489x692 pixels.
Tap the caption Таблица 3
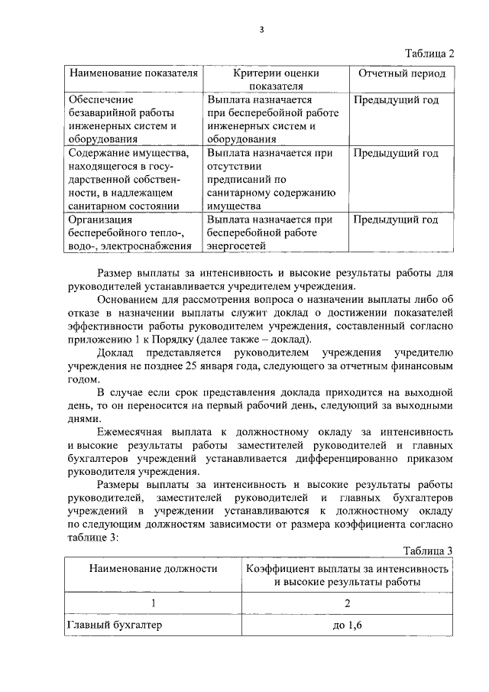click(x=428, y=551)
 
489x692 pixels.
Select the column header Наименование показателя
click(x=134, y=73)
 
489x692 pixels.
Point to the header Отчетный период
click(x=402, y=73)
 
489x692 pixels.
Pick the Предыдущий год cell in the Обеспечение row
click(x=396, y=99)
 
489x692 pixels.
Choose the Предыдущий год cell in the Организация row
click(x=396, y=219)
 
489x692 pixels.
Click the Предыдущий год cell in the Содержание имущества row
click(x=396, y=153)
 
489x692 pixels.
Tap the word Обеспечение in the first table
click(x=101, y=99)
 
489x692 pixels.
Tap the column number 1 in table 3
click(x=153, y=603)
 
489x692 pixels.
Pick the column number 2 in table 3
click(x=348, y=603)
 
